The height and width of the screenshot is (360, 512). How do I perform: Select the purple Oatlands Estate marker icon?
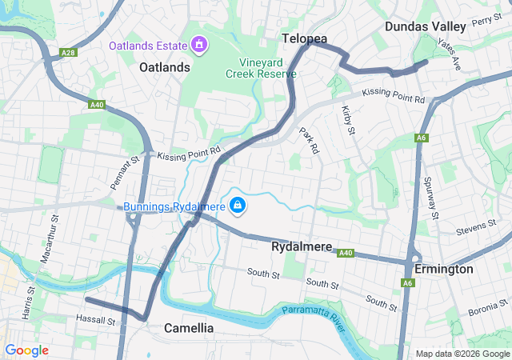[198, 44]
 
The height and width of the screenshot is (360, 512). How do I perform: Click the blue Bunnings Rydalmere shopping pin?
[238, 206]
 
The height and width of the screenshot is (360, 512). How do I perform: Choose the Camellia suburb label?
[189, 328]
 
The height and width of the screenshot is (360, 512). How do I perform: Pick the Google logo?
[26, 350]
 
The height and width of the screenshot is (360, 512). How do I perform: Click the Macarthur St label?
[47, 237]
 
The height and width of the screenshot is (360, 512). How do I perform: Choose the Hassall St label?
[96, 322]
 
